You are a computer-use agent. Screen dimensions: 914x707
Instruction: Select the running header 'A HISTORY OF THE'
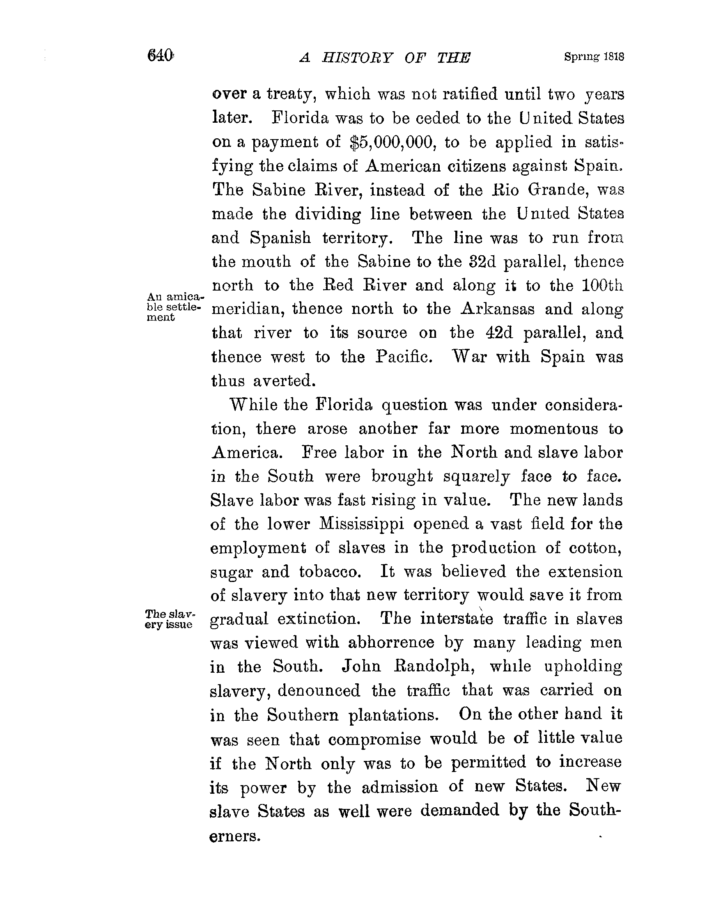(x=385, y=58)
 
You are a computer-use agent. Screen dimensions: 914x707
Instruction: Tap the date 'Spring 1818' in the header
(x=594, y=57)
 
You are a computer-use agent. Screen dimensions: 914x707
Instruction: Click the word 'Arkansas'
(x=497, y=309)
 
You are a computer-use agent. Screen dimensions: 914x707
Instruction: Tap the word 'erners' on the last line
(x=235, y=836)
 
